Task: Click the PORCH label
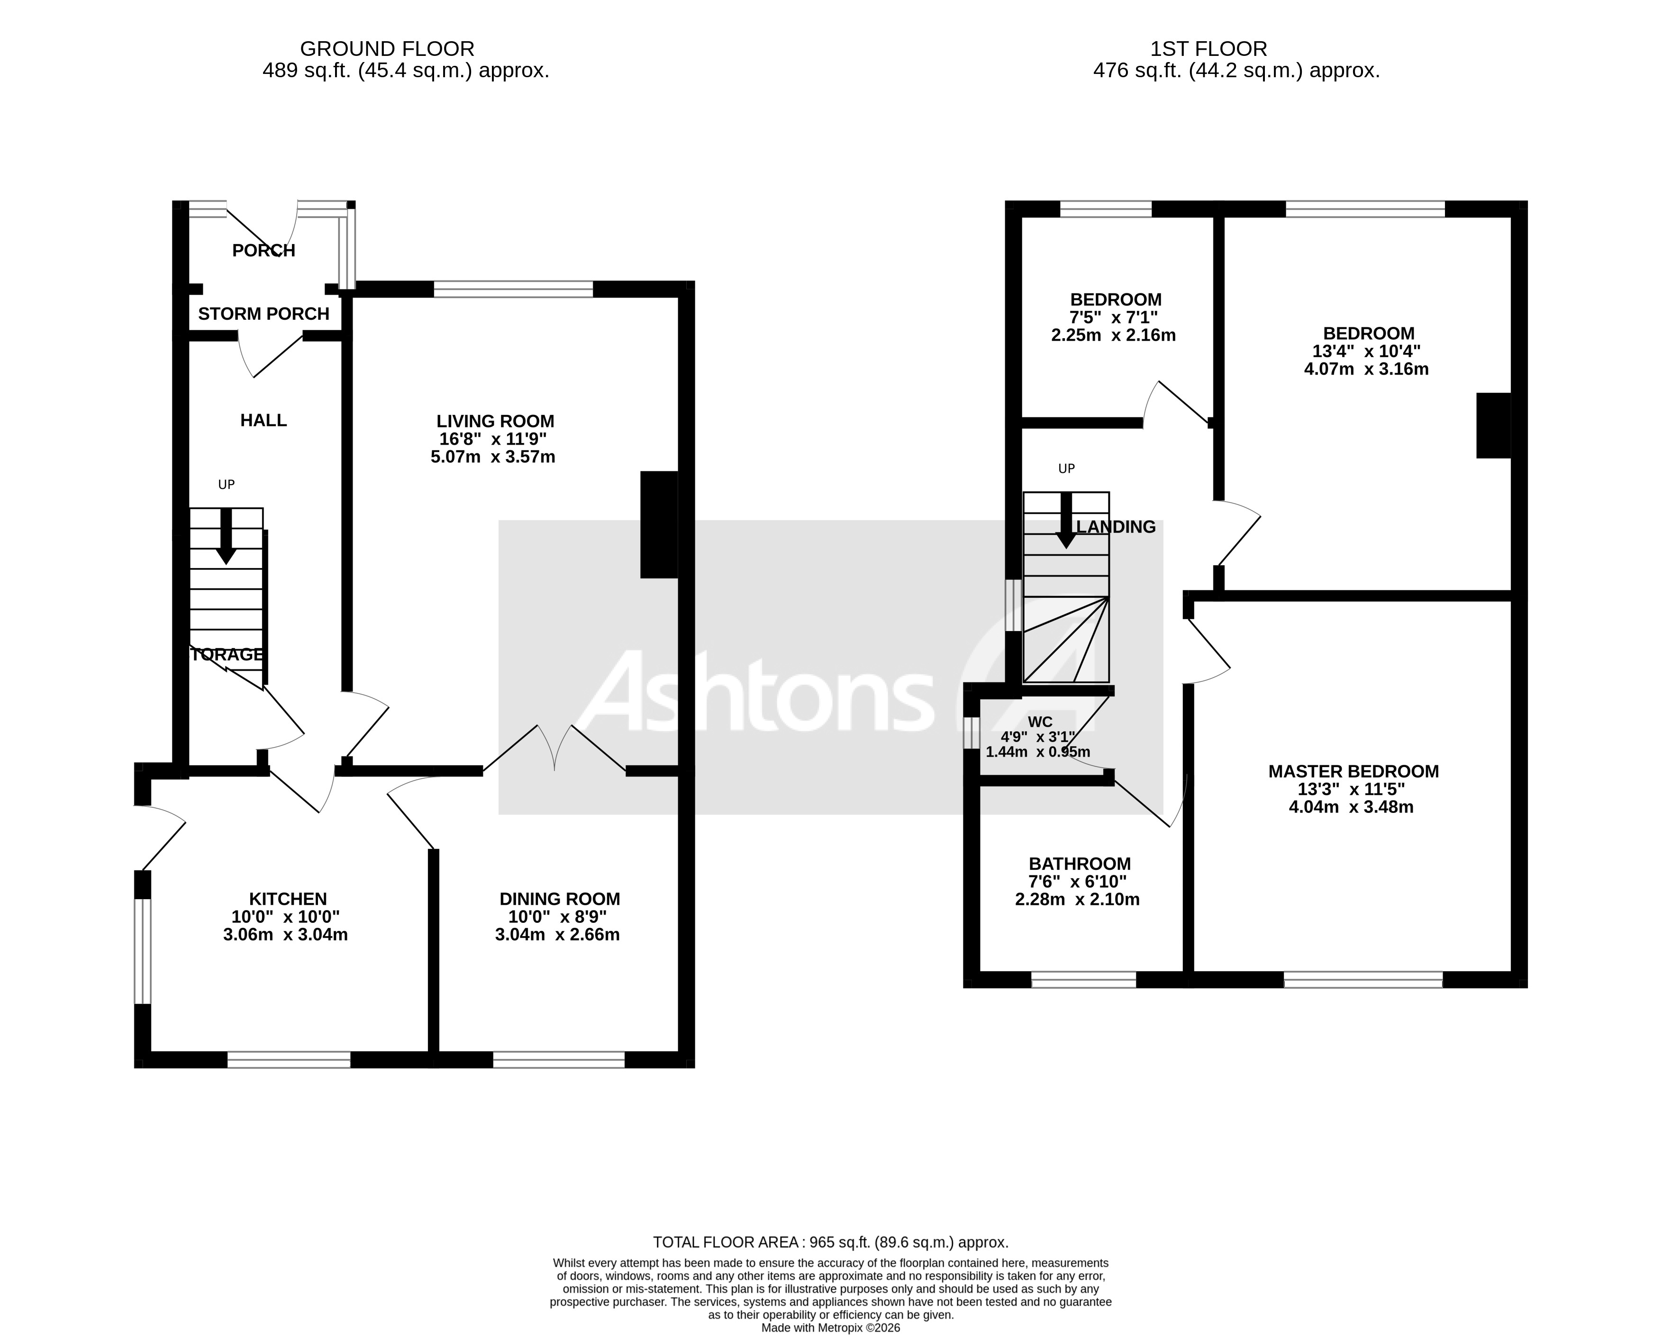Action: [263, 251]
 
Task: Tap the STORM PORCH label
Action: [263, 314]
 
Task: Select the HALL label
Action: [263, 420]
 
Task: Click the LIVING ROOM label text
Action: [495, 422]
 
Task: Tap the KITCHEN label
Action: [288, 899]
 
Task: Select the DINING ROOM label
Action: [560, 899]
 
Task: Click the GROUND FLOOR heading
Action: [387, 49]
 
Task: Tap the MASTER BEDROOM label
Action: [1353, 772]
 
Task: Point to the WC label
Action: [1040, 722]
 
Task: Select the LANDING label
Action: [1116, 527]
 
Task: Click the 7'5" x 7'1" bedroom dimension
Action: [1113, 317]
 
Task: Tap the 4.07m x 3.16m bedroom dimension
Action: [1366, 369]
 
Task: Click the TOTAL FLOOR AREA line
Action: [830, 1243]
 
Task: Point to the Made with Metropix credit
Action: [830, 1328]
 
